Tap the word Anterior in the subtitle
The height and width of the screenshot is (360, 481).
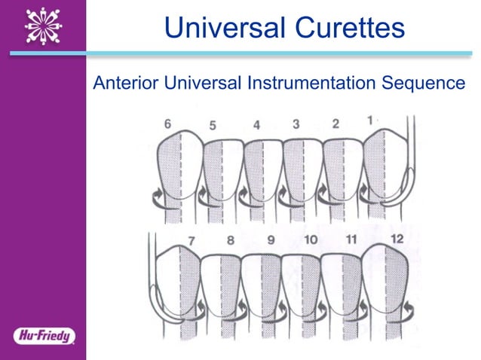click(118, 83)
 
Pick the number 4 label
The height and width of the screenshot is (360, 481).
click(256, 125)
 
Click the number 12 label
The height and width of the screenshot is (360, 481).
click(397, 239)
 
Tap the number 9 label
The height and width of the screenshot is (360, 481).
click(271, 241)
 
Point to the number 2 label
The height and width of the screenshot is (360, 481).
click(335, 123)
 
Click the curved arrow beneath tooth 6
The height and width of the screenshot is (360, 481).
click(160, 199)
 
